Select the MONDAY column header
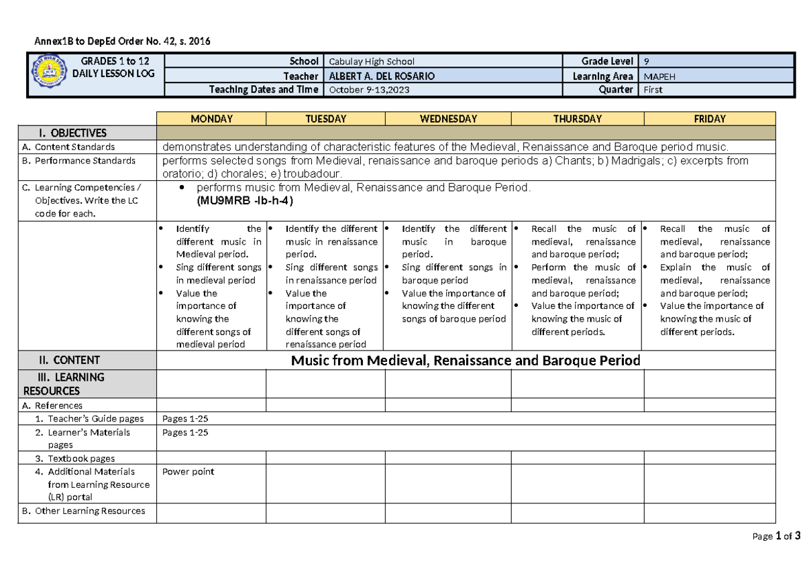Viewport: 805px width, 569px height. (x=211, y=119)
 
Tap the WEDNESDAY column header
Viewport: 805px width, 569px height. (x=448, y=119)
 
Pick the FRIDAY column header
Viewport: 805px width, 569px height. (x=710, y=119)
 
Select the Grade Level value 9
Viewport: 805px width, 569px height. (x=646, y=61)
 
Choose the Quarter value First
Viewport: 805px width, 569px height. (x=653, y=90)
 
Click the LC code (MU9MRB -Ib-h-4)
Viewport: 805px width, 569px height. (x=244, y=200)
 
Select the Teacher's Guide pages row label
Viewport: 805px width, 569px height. (x=90, y=419)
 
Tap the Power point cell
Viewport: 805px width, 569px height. (x=189, y=471)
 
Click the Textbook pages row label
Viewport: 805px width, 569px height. (x=80, y=458)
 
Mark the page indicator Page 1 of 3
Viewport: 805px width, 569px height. (x=776, y=536)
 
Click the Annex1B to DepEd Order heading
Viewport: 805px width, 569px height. (x=123, y=41)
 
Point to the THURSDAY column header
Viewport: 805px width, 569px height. (x=577, y=119)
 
